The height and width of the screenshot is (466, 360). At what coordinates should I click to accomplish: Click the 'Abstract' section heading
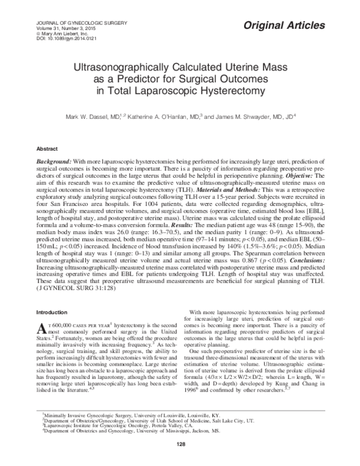coord(47,148)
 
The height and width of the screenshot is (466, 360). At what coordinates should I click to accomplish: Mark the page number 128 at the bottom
coord(179,443)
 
